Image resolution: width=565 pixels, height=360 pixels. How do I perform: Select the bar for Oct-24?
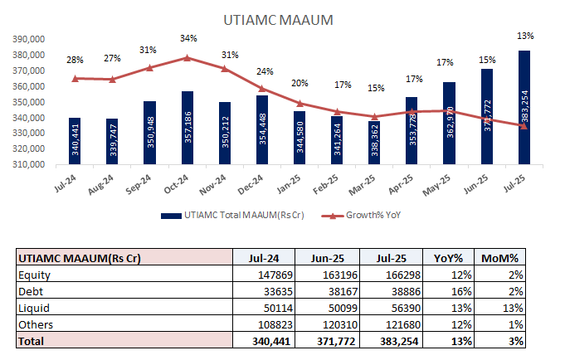tap(187, 128)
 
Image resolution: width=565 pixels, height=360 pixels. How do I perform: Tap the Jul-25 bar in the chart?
tap(524, 108)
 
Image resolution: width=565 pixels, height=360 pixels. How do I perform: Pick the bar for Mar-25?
tap(374, 142)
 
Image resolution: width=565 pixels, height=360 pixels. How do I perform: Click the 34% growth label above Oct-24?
tap(188, 38)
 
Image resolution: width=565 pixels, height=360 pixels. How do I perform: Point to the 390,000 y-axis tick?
tap(27, 39)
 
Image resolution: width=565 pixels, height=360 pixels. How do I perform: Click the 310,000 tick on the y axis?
tap(27, 164)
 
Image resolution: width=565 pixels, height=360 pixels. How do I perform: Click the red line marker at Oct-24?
tap(188, 58)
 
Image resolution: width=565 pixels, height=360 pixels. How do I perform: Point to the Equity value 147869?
tap(273, 275)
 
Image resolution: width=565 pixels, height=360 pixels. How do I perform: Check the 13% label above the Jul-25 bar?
tap(524, 36)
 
